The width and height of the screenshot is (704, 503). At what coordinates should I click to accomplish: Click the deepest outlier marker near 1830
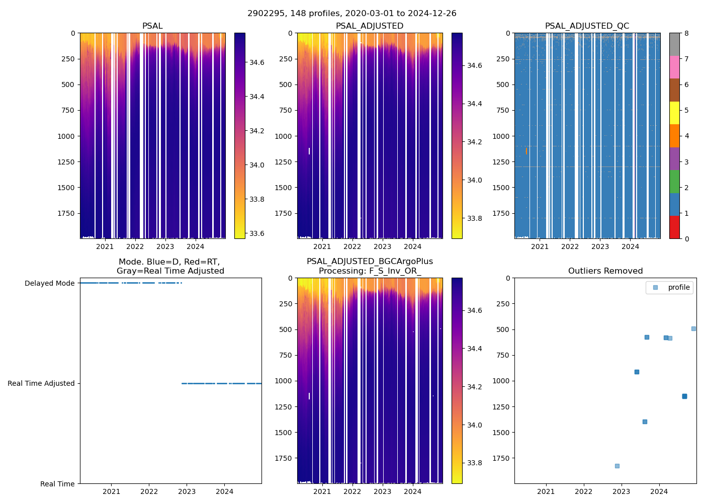[x=617, y=466]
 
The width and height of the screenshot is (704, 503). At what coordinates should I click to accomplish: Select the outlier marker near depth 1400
[x=645, y=422]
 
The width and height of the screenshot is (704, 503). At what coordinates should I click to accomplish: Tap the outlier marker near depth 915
[x=637, y=372]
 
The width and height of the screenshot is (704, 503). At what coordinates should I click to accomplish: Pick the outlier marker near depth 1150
[x=684, y=396]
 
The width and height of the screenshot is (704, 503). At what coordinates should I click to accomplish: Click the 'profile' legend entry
[x=678, y=287]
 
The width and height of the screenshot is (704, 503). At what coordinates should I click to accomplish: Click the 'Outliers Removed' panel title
[x=605, y=271]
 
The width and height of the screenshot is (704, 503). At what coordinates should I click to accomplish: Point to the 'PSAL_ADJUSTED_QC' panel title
[x=587, y=26]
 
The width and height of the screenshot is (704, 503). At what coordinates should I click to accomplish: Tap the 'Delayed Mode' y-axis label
[x=49, y=283]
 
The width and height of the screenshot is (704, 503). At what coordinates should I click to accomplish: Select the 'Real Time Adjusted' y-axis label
[x=41, y=383]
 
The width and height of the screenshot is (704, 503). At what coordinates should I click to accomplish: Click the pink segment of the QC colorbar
[x=674, y=67]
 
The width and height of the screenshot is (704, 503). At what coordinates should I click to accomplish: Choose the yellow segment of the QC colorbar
[x=674, y=113]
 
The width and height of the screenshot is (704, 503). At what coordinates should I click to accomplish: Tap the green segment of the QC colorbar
[x=674, y=181]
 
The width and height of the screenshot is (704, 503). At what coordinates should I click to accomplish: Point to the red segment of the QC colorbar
[x=674, y=227]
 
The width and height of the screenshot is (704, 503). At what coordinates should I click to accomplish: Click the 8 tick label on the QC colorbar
[x=686, y=33]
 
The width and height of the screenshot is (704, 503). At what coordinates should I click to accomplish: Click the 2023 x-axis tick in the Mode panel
[x=187, y=491]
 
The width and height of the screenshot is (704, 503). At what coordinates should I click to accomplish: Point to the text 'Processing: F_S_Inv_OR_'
[x=370, y=271]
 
